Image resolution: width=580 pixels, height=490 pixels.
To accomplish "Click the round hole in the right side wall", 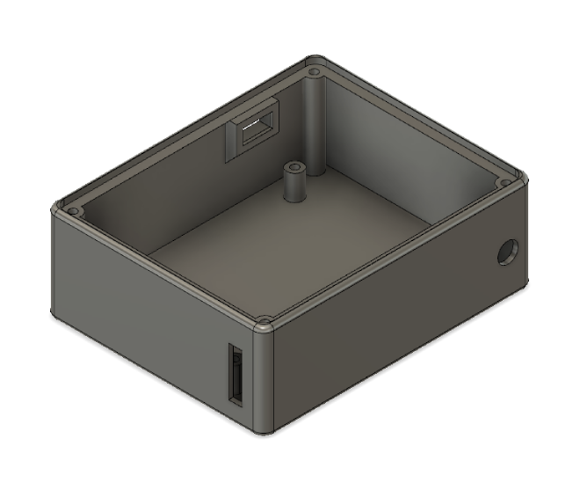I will [507, 252].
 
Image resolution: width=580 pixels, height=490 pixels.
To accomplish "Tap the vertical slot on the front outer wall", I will [236, 374].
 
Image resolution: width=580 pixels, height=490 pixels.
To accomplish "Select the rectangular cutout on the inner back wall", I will [253, 129].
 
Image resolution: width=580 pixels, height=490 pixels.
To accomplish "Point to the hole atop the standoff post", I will [294, 165].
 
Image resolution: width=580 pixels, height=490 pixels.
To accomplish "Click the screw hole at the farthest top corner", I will [314, 69].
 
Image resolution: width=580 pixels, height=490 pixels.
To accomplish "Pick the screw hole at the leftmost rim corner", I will [74, 212].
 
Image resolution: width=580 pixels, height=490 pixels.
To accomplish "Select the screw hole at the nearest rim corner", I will [263, 321].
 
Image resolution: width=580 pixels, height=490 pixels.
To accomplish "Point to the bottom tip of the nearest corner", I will [265, 433].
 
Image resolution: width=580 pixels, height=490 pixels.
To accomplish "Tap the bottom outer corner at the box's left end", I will [54, 313].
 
